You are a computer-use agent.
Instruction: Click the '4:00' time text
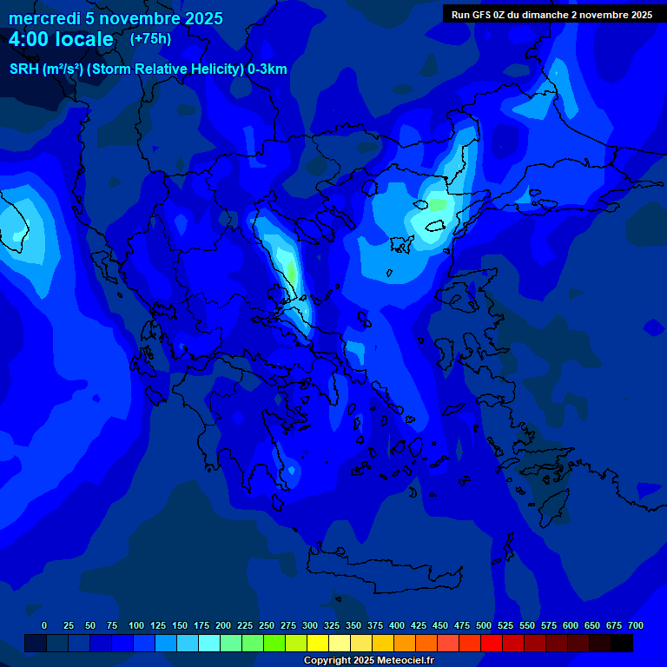click(30, 39)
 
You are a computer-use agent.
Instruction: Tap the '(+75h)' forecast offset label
click(150, 39)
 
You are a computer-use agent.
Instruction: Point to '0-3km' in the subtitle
click(267, 69)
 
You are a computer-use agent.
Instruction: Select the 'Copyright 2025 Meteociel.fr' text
click(368, 660)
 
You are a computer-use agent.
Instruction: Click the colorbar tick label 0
click(44, 625)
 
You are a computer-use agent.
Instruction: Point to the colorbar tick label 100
click(136, 625)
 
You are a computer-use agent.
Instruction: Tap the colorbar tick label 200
click(223, 625)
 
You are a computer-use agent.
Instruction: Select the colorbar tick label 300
click(310, 625)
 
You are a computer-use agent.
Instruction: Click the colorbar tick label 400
click(397, 625)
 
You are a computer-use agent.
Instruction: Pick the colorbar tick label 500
click(484, 625)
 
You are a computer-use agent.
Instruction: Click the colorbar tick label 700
click(636, 625)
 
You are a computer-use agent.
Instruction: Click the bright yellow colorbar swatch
click(318, 644)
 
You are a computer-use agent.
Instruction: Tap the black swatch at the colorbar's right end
click(622, 644)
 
